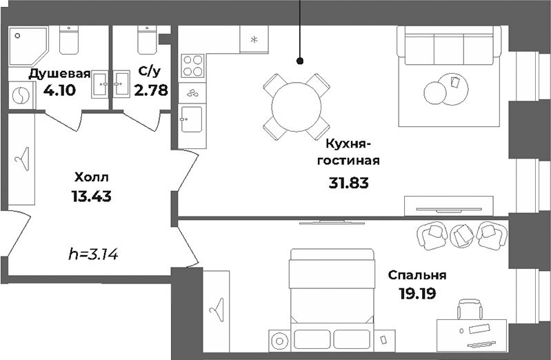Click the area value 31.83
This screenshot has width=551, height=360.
[x=350, y=183]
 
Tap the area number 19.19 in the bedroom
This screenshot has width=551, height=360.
[x=418, y=292]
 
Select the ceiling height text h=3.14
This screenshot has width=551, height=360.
[x=94, y=254]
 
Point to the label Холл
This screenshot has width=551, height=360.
[x=91, y=177]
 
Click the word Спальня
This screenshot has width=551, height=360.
[x=417, y=274]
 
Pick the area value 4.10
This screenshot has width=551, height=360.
[x=59, y=90]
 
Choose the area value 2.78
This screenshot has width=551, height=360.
[x=152, y=90]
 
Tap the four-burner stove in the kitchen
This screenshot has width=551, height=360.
[x=192, y=66]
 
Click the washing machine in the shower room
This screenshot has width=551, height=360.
[x=21, y=96]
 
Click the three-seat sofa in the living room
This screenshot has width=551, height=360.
[x=448, y=48]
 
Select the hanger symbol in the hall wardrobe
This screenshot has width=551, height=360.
[x=21, y=160]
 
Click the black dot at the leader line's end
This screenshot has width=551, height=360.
[x=300, y=61]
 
